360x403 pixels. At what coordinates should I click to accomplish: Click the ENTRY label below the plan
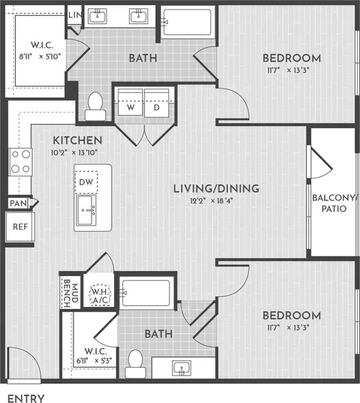coord(26,398)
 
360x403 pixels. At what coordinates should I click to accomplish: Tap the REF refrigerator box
coord(20,227)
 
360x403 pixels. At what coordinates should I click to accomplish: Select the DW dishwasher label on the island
coord(86,182)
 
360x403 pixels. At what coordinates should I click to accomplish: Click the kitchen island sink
coord(86,210)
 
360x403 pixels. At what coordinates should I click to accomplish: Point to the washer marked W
coord(130,103)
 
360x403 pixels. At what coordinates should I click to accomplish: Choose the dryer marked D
coord(157,103)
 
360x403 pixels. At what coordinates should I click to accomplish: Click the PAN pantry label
coord(18,203)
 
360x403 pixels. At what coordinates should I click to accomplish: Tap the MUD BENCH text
coord(70,292)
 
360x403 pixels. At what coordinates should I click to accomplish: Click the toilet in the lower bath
coord(135,364)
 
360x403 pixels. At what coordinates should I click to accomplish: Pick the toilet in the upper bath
coord(95,107)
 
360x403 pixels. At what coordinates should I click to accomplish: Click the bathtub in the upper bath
coord(187,22)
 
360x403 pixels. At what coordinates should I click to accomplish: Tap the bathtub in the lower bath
coord(145,293)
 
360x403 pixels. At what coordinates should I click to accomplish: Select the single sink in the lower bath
coord(181,368)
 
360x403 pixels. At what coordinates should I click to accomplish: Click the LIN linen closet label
coord(75,15)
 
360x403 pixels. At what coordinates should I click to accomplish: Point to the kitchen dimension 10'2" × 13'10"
coord(74,152)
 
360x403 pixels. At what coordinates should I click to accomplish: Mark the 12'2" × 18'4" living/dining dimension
coord(211,200)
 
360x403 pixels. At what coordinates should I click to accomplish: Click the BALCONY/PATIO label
coord(334,203)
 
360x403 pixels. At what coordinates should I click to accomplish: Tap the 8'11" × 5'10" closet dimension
coord(40,56)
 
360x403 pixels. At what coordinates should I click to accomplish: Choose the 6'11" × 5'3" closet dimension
coord(94,360)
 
